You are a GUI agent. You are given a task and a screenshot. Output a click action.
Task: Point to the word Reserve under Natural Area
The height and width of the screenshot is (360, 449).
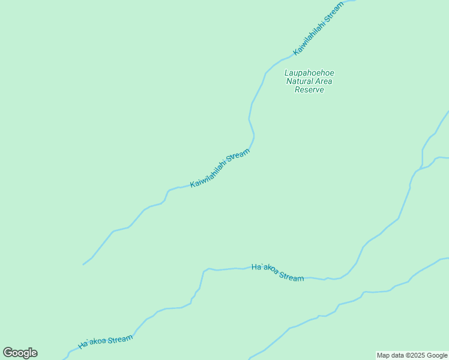309,90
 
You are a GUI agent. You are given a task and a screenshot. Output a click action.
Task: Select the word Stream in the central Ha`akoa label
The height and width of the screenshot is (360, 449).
291,277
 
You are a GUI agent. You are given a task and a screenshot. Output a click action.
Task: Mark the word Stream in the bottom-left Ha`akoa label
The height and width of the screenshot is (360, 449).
120,339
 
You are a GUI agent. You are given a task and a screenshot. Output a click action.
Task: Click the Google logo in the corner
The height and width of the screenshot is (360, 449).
20,353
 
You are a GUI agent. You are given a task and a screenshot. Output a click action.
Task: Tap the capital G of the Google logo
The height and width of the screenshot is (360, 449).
8,352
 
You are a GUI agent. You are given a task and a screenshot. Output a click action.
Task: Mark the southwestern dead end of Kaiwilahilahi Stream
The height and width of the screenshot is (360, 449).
83,265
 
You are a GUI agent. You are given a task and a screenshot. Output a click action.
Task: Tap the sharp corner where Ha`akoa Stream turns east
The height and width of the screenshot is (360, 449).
203,271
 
